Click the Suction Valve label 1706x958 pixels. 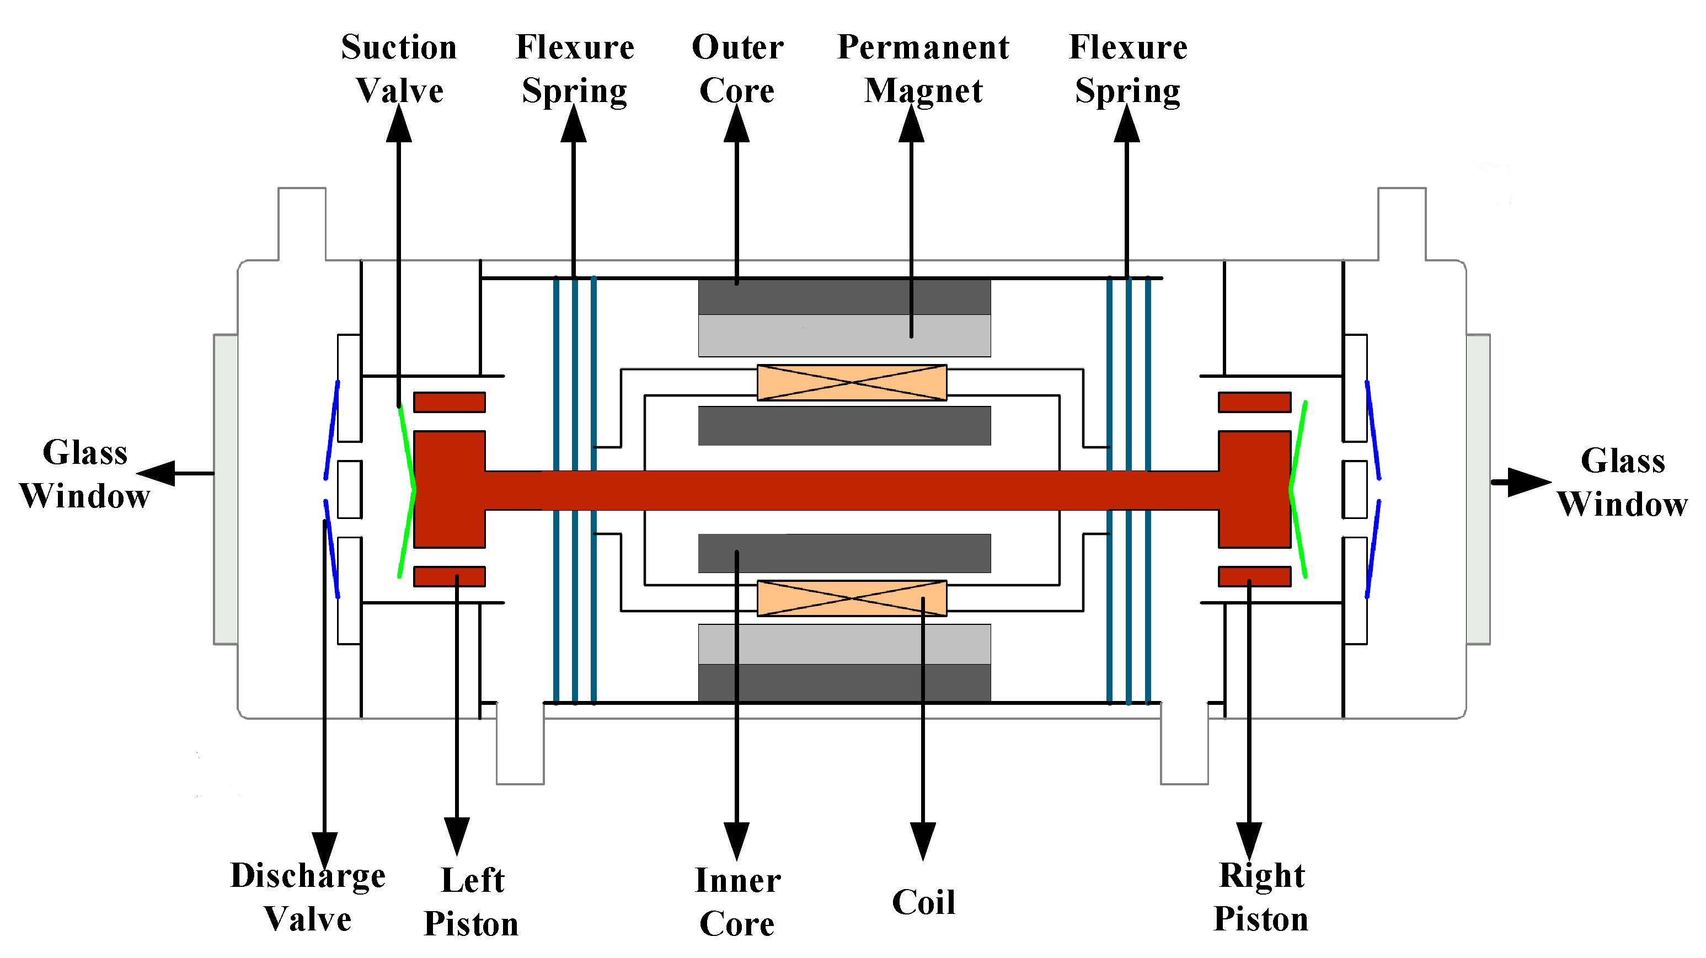(x=399, y=69)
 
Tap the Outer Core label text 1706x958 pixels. (x=737, y=69)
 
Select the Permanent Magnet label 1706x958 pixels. (x=923, y=69)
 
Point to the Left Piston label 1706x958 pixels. (x=472, y=902)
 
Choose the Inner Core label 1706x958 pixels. (x=737, y=902)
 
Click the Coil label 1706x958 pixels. (x=923, y=902)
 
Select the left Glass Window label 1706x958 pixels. (x=85, y=474)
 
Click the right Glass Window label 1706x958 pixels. (x=1623, y=482)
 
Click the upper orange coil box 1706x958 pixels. (x=852, y=383)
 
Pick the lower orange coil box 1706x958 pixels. (x=852, y=598)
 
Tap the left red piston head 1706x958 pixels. (x=450, y=489)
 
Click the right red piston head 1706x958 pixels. (x=1254, y=489)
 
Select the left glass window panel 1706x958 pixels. (x=226, y=489)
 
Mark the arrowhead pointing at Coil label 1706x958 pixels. (x=923, y=841)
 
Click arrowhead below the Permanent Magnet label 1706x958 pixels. (x=911, y=125)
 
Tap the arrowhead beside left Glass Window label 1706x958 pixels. (x=157, y=473)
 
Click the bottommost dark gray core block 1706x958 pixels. (x=844, y=683)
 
